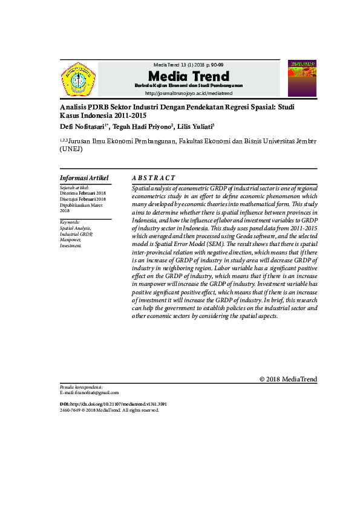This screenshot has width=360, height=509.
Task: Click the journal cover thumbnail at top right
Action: click(301, 78)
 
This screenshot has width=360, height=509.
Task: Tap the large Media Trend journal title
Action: click(189, 76)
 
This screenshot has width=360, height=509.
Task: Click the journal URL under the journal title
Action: click(189, 93)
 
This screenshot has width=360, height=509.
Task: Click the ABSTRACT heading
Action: click(154, 178)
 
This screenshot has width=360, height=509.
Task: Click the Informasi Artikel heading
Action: click(84, 178)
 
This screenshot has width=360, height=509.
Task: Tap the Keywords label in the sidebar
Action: click(70, 222)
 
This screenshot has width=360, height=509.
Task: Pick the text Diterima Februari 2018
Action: click(83, 193)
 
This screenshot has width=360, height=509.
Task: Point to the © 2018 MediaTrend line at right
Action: click(288, 379)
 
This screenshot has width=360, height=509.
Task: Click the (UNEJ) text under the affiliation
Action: click(71, 149)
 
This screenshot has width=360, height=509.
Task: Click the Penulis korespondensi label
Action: click(82, 386)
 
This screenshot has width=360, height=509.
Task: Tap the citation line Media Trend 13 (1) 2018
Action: click(189, 65)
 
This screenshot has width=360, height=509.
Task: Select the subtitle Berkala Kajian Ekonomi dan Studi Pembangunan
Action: click(189, 85)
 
